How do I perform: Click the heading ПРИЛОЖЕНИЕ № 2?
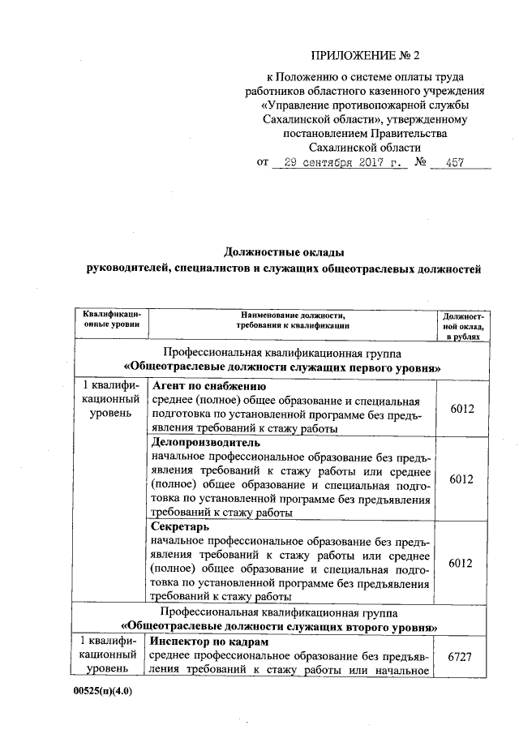pos(367,57)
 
